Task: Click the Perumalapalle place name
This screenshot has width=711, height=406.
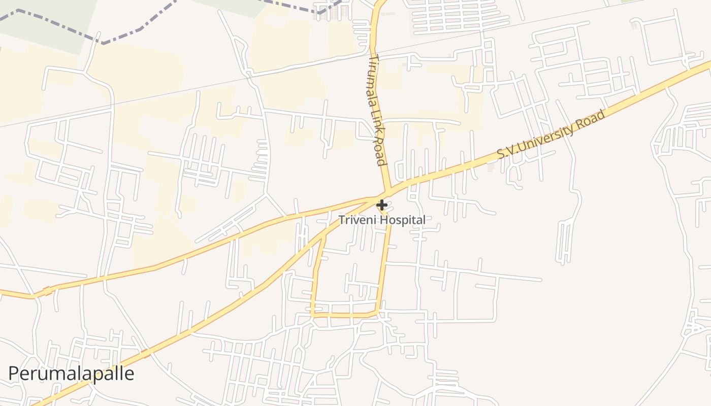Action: point(71,374)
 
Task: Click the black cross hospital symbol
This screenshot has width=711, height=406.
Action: point(381,205)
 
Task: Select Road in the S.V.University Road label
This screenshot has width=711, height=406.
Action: point(592,119)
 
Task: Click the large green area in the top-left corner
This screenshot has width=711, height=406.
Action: point(46,20)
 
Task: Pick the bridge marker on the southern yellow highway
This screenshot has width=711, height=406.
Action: point(146,353)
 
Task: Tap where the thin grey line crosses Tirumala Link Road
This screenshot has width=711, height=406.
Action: point(375,54)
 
